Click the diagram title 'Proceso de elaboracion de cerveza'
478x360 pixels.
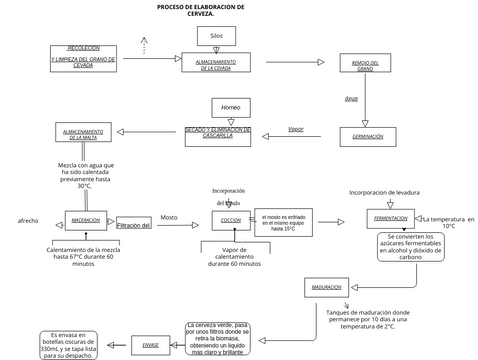200,9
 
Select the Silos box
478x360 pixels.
216,36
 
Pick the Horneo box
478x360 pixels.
231,106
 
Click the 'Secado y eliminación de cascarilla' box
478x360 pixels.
218,132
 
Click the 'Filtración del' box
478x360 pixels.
133,225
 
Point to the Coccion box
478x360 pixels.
229,220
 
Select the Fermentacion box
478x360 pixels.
389,218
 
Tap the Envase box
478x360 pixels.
150,344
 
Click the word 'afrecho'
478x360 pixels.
27,219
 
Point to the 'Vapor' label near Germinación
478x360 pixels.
295,129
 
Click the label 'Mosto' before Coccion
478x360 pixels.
168,216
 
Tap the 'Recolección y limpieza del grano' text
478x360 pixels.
83,55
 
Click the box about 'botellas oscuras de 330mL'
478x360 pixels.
69,344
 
